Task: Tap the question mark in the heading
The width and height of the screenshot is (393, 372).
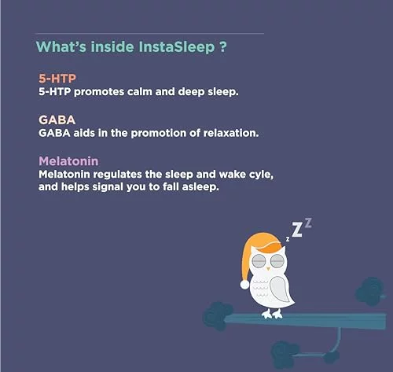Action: click(222, 46)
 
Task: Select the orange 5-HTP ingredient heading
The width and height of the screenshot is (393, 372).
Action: click(57, 79)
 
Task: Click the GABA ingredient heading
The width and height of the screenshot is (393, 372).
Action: click(57, 120)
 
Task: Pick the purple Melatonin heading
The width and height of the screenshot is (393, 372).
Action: click(68, 161)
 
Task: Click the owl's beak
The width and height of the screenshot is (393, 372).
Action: click(268, 268)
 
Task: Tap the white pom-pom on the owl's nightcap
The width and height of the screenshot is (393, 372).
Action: click(244, 285)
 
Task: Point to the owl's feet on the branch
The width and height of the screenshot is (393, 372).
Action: click(273, 314)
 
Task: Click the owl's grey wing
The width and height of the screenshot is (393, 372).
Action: click(281, 289)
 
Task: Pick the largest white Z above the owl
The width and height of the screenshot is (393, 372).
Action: click(297, 230)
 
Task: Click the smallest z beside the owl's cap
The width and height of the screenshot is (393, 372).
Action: click(288, 239)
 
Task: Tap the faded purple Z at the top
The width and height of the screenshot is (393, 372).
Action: click(308, 223)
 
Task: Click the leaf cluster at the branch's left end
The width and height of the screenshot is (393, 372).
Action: click(218, 315)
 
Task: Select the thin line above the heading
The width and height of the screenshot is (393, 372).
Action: click(149, 34)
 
